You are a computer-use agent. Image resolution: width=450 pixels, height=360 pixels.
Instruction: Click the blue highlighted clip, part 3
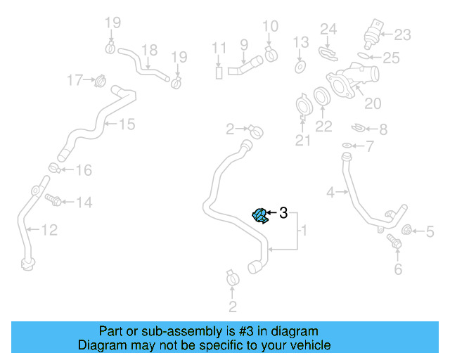click(x=259, y=216)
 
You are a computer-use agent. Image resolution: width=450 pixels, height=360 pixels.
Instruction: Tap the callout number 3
click(x=283, y=212)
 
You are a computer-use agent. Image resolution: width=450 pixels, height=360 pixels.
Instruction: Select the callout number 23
click(x=402, y=34)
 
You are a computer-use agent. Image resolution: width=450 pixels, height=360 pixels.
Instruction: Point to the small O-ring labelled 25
click(x=363, y=54)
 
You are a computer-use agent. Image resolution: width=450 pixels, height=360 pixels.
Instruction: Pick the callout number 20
click(x=372, y=103)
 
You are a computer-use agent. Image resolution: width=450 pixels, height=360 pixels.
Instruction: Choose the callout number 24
click(x=329, y=29)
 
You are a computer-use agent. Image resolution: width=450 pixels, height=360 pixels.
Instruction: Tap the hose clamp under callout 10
click(x=271, y=54)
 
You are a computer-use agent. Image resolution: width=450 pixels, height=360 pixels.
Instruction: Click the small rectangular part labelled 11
click(x=219, y=72)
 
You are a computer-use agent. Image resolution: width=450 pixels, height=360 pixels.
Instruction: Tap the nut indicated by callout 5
click(x=406, y=230)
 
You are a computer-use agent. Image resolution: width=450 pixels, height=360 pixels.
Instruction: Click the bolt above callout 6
click(x=394, y=243)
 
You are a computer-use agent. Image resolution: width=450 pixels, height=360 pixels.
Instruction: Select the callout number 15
click(x=127, y=124)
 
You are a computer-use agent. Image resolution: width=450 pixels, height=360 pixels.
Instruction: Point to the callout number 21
click(x=302, y=141)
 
